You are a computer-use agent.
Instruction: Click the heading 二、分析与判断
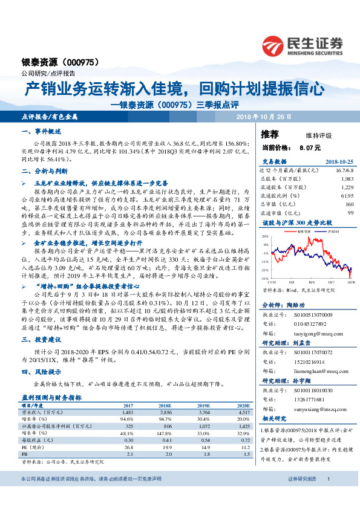point(42,172)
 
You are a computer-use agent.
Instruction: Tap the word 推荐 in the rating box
point(270,134)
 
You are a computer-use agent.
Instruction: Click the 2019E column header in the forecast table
point(203,404)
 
